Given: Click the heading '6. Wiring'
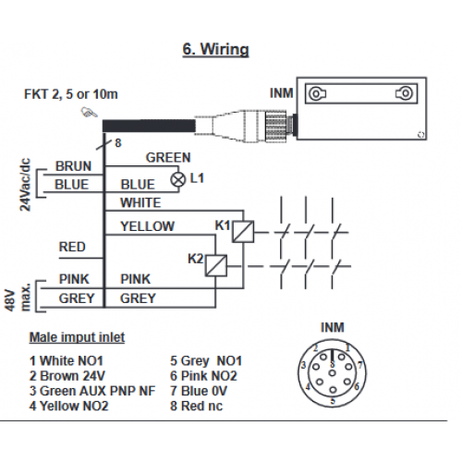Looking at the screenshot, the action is coord(215,49).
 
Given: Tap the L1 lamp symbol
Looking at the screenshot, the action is coord(178,179).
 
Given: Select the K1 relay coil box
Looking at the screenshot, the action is coord(243,231).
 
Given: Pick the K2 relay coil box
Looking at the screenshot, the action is coord(216,265).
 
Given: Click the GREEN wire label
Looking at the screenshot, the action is coord(168,157).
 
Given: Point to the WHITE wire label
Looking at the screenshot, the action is coord(140,202).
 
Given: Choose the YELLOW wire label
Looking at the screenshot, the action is coord(147,226).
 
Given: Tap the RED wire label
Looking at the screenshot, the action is coord(72,247).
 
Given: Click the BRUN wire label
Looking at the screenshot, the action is coord(73,166).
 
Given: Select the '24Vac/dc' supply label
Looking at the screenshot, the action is coord(25,185).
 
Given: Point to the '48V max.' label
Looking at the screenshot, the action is coord(18,297).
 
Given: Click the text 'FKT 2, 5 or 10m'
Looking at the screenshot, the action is coord(71,94).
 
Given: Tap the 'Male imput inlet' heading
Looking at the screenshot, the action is coord(77,337).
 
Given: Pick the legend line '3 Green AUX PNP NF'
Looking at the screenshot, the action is coord(92,391).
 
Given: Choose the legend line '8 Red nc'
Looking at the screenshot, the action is coord(196,406).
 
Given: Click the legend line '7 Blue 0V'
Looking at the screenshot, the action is coord(199,391).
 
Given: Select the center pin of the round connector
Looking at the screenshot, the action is coord(332,373).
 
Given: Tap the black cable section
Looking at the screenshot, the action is coord(149,127).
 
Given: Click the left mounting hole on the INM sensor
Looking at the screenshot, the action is coord(316,93).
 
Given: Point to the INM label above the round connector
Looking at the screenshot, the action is coord(333,327).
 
